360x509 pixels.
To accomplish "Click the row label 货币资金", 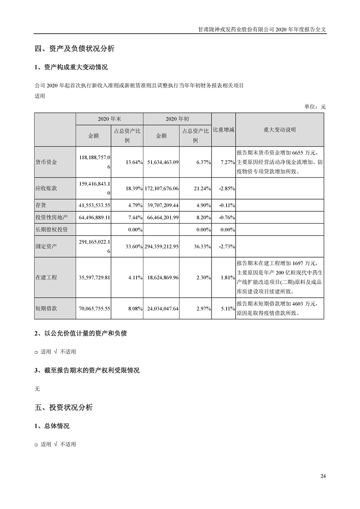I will pos(46,162).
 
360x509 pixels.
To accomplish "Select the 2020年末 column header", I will pos(109,119).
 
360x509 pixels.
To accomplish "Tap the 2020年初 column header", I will pos(178,119).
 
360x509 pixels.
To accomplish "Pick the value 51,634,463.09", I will pos(161,162).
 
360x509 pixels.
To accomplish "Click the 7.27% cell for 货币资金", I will pos(226,162).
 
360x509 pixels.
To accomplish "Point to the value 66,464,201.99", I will pos(161,218).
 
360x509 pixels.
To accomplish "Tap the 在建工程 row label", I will pos(46,277).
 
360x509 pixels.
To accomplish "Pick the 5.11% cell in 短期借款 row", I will pos(226,308).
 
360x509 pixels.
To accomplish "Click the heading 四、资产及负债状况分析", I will pos(74,49).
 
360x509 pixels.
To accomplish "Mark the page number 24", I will pos(323,476).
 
